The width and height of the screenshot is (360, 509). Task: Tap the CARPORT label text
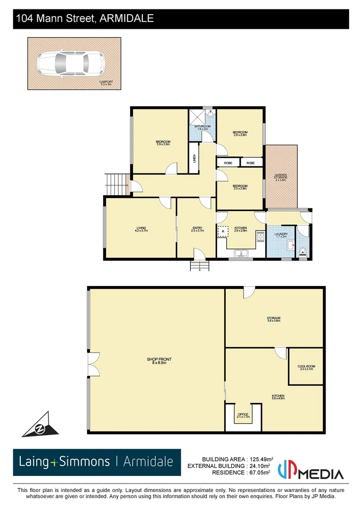click(x=106, y=83)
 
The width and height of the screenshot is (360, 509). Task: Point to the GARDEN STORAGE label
click(x=281, y=177)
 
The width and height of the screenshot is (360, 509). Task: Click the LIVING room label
click(x=141, y=230)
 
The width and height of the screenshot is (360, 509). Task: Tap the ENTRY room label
click(x=197, y=230)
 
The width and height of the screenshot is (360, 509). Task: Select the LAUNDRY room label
click(x=281, y=235)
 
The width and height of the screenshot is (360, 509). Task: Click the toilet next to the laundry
click(x=303, y=251)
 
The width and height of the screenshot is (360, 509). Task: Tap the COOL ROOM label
click(x=305, y=368)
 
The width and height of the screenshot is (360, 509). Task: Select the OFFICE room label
click(x=243, y=416)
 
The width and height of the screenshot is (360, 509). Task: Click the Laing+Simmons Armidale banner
click(x=97, y=462)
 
